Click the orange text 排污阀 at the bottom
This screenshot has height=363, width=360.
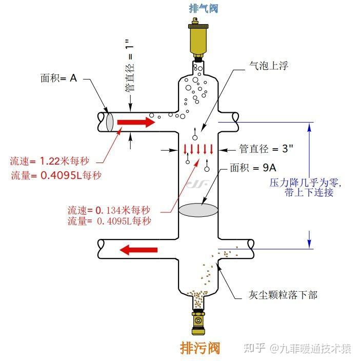pyautogui.click(x=200, y=349)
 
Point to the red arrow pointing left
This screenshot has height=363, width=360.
pyautogui.click(x=138, y=250)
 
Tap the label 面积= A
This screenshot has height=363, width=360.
pyautogui.click(x=58, y=78)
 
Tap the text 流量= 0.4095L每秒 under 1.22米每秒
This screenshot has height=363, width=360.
pyautogui.click(x=56, y=175)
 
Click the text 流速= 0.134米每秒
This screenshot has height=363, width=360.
pyautogui.click(x=109, y=210)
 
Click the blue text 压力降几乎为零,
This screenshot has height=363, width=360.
pyautogui.click(x=305, y=183)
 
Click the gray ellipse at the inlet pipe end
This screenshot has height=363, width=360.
pyautogui.click(x=109, y=123)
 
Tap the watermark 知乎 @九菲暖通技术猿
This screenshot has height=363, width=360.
pyautogui.click(x=297, y=349)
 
